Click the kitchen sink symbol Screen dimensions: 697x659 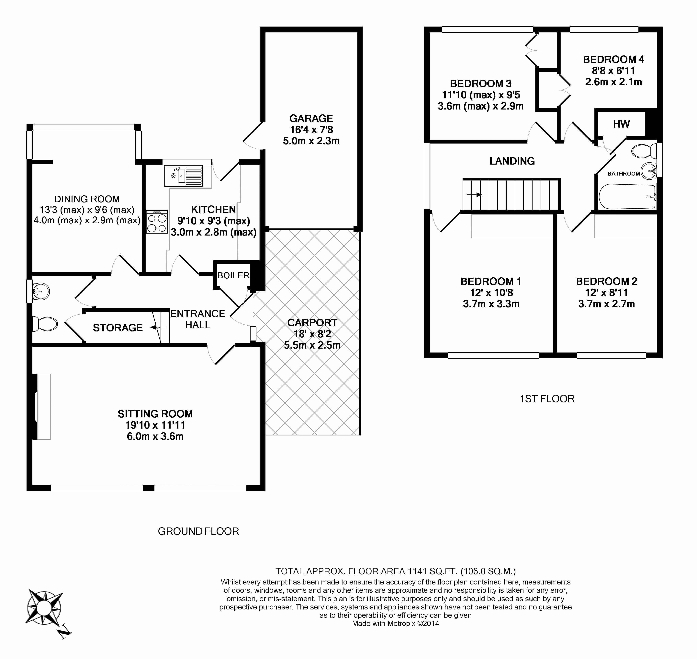(x=183, y=176)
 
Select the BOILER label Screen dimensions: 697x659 (x=233, y=275)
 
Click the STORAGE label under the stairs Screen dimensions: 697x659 (x=118, y=328)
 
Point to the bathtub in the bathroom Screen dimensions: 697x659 (x=627, y=196)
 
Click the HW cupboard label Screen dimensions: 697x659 (x=621, y=124)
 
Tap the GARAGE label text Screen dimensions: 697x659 (x=311, y=118)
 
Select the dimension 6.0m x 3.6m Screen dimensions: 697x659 (x=155, y=436)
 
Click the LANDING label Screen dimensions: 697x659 (x=512, y=161)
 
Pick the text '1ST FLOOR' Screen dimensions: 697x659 (x=547, y=399)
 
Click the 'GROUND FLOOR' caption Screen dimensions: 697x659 (x=198, y=531)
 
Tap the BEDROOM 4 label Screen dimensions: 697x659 (x=613, y=59)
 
